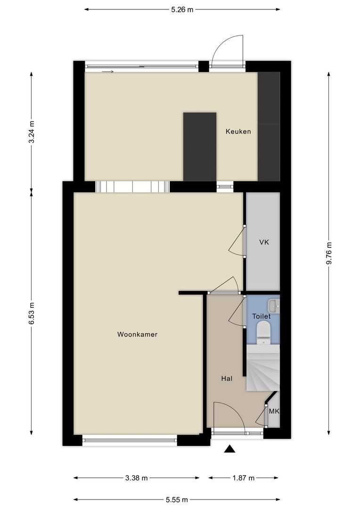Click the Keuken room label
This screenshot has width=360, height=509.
(x=238, y=131)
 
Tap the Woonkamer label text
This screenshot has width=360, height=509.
(x=137, y=335)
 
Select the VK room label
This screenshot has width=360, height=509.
(x=264, y=242)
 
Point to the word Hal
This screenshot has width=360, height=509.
(x=227, y=378)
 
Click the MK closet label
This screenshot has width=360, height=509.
(x=274, y=411)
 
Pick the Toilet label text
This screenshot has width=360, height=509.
(x=262, y=316)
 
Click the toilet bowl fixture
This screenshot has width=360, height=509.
(x=263, y=332)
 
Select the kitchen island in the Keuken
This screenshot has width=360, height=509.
(x=199, y=146)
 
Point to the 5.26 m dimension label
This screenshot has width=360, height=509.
(x=182, y=9)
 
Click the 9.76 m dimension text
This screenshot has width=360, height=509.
(x=329, y=254)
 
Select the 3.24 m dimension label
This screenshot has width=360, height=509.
(x=32, y=132)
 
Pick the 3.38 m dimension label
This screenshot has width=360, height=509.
(x=136, y=478)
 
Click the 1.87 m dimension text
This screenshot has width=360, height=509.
(x=243, y=478)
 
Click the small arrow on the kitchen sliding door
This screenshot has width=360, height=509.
(x=108, y=72)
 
